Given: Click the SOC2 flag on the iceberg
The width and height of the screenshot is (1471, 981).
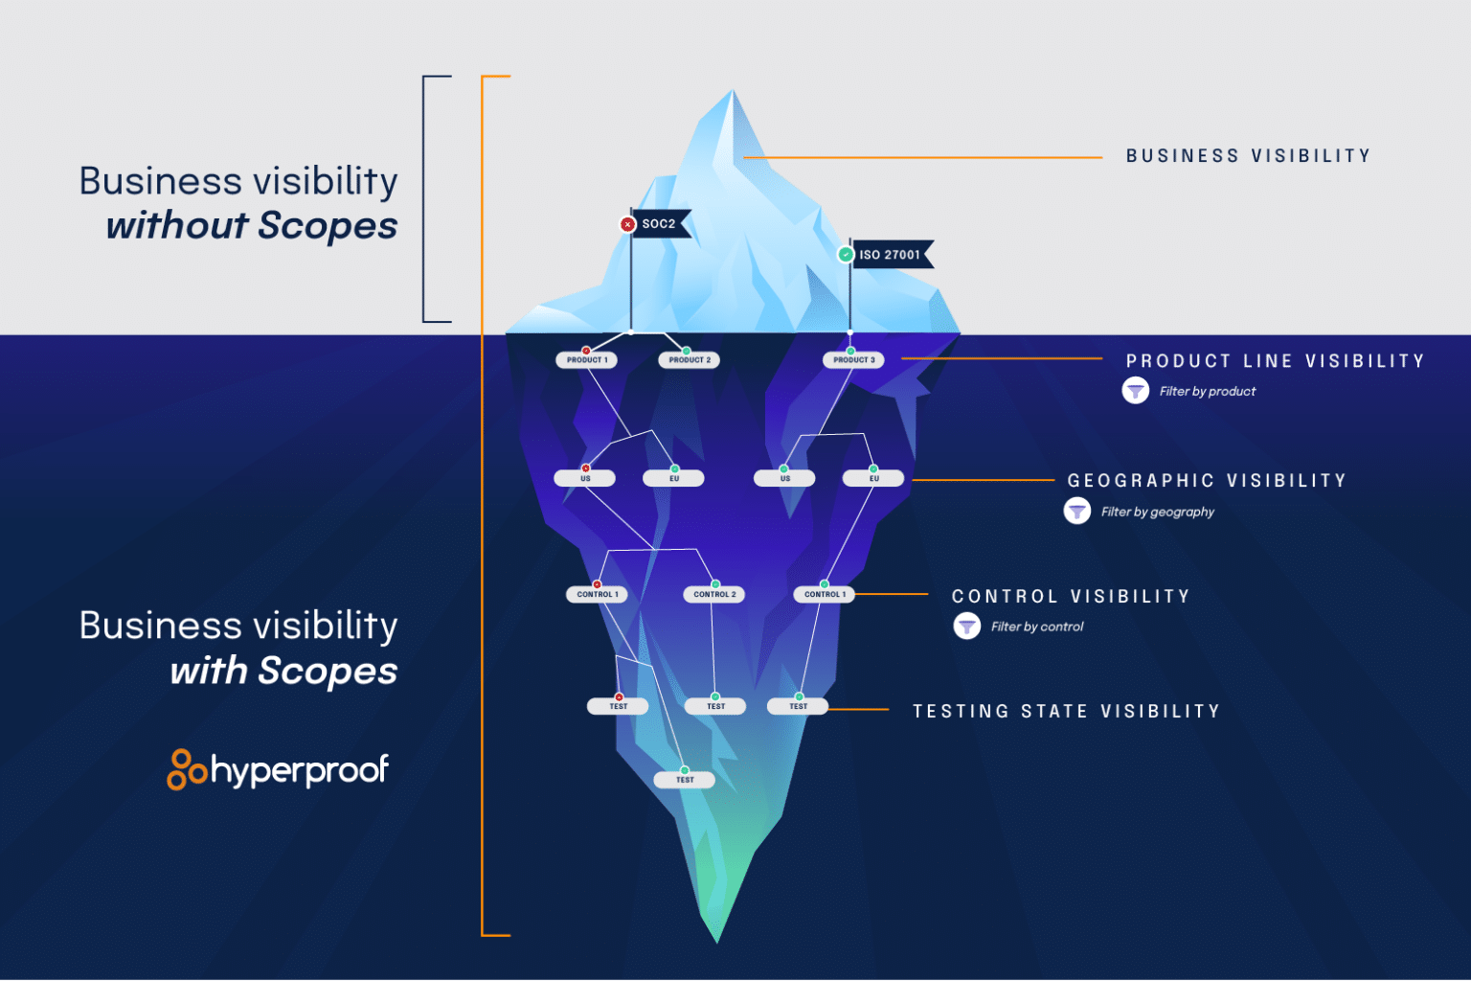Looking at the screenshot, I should pos(659,224).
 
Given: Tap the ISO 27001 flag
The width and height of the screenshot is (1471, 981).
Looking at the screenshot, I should pos(890,255).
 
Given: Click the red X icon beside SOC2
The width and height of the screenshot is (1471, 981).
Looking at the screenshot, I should pos(627,224).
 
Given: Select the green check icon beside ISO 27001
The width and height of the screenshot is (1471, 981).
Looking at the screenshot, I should pos(846,255).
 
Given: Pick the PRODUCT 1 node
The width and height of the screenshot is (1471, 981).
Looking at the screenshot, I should pos(587,360).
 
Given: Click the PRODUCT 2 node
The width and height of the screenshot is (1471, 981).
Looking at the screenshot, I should pos(690,360).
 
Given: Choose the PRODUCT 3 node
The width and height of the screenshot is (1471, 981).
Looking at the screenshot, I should pos(853,360).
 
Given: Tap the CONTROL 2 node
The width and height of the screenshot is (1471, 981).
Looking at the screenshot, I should pos(715,595).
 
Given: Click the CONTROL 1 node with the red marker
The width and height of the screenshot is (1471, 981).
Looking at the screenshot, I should pos(598,595).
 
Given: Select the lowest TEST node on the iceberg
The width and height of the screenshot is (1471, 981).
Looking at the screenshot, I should pos(685,780).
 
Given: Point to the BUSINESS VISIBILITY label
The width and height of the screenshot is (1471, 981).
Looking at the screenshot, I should pos(1248,156).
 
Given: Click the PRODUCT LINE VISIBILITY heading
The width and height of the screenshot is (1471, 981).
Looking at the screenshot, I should pos(1275,361).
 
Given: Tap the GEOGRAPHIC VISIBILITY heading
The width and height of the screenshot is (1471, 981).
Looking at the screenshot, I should pos(1207,481).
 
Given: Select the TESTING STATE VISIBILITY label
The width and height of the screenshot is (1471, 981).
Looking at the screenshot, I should pos(1066,712).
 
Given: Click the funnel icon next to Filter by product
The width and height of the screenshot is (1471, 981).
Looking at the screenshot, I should pos(1136,391).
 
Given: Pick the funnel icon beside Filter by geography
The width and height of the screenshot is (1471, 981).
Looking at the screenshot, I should pos(1077,512).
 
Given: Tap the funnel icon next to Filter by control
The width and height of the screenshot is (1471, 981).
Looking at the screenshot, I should pos(967,627).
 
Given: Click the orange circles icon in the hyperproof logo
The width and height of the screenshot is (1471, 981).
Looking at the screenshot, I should pos(187,769).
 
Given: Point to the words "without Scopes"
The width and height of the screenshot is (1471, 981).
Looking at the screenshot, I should pos(252,226).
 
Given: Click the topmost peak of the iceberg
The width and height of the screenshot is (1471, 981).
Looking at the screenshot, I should pos(733,94).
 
